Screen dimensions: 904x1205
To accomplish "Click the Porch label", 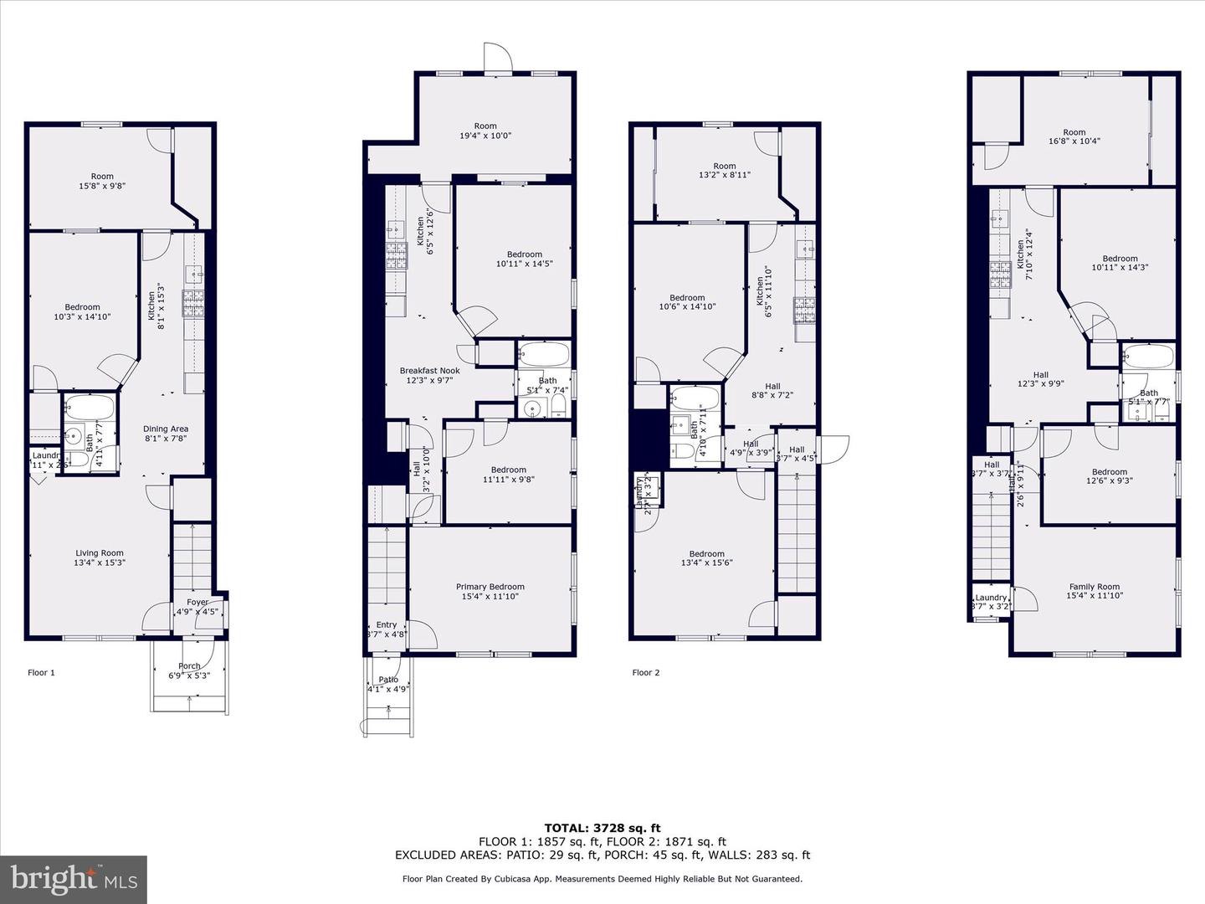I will click(x=189, y=666).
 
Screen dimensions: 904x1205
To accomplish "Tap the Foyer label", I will click(x=197, y=602).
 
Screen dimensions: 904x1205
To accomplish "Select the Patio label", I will click(x=388, y=680).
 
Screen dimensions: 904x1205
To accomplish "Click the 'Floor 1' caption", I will click(x=41, y=672).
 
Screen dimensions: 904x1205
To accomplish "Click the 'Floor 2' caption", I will click(x=645, y=672).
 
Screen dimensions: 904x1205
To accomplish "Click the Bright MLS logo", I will click(x=74, y=879).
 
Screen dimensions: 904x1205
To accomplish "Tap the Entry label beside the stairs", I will click(x=387, y=624).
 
